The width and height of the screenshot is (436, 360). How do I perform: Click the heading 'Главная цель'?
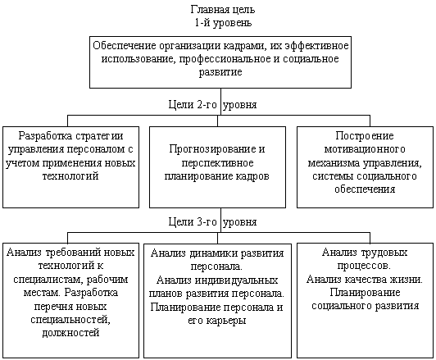point(218,10)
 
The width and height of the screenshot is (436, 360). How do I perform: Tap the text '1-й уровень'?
point(218,23)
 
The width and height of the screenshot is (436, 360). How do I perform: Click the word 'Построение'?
point(365,135)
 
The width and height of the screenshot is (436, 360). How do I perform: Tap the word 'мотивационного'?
point(365,148)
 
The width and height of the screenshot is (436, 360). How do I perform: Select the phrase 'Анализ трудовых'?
point(360,253)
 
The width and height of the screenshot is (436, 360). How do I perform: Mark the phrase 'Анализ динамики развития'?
point(216,253)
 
